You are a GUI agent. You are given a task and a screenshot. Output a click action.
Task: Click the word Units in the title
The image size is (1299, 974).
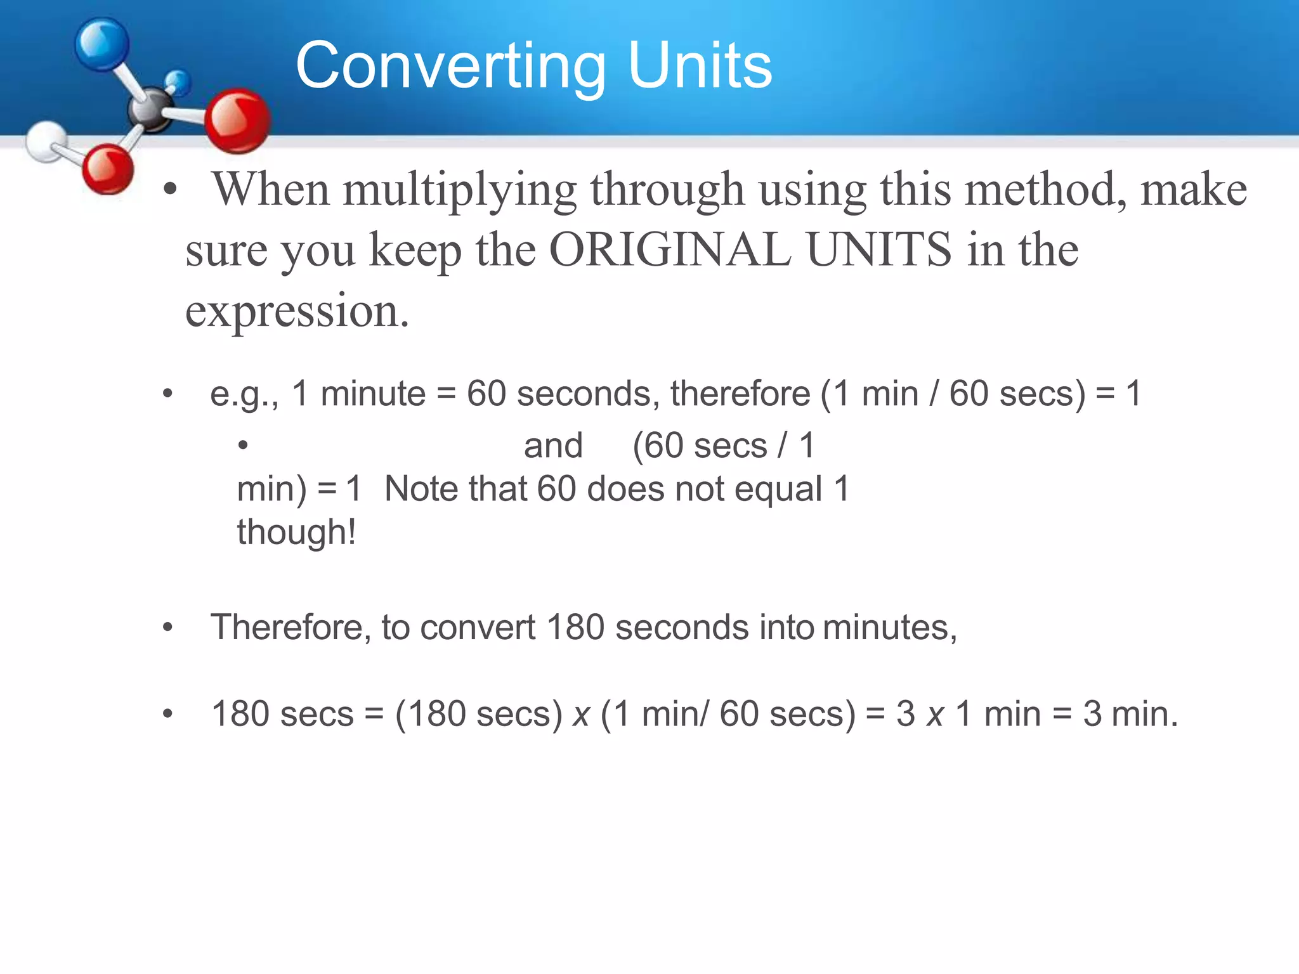click(x=700, y=65)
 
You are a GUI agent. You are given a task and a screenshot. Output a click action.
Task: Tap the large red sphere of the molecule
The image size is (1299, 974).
click(x=238, y=120)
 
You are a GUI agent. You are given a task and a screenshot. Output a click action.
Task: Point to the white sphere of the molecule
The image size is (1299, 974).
click(x=46, y=141)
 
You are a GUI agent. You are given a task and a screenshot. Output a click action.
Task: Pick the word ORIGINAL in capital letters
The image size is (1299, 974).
click(x=670, y=249)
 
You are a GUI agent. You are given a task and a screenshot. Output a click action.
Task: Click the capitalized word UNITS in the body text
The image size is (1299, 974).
click(x=880, y=249)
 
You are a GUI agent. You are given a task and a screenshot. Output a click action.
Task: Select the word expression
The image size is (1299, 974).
click(x=296, y=311)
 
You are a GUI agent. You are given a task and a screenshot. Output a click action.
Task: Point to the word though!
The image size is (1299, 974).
click(x=296, y=531)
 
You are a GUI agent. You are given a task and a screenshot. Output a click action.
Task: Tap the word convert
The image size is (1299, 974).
click(x=478, y=627)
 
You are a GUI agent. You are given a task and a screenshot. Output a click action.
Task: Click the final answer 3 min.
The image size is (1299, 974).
click(x=1130, y=713)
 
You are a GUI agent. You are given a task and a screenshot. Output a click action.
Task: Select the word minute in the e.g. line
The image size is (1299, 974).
click(x=373, y=393)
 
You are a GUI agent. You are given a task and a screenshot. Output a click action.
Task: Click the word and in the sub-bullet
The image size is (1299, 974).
click(x=553, y=445)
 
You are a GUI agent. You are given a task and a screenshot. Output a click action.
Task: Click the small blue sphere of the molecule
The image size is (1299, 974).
click(x=178, y=82)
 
